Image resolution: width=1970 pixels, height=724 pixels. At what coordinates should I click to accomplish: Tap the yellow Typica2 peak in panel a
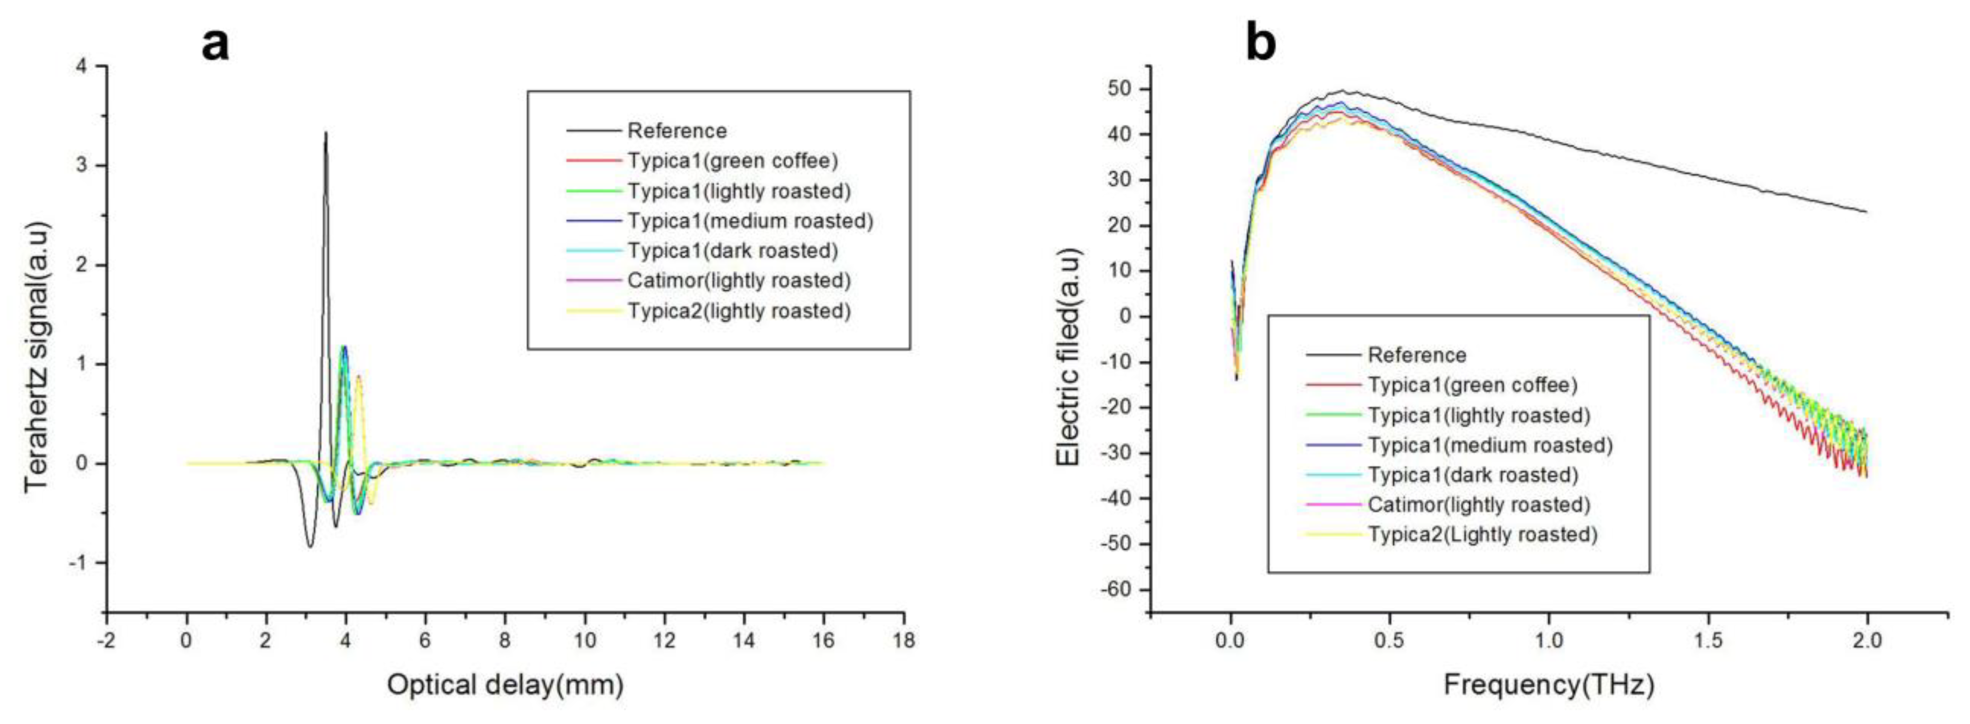point(358,376)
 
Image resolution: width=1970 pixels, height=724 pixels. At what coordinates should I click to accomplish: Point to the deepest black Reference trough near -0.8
point(310,546)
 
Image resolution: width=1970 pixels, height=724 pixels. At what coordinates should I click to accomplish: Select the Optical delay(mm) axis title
point(505,683)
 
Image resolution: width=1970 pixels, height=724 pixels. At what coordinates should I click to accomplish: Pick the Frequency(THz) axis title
point(1549,683)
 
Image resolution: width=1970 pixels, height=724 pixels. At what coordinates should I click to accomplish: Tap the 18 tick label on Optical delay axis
point(903,640)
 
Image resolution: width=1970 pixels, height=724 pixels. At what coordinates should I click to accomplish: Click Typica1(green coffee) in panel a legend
point(732,161)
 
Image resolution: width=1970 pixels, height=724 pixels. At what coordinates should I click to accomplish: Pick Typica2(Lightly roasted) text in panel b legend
point(1482,534)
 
